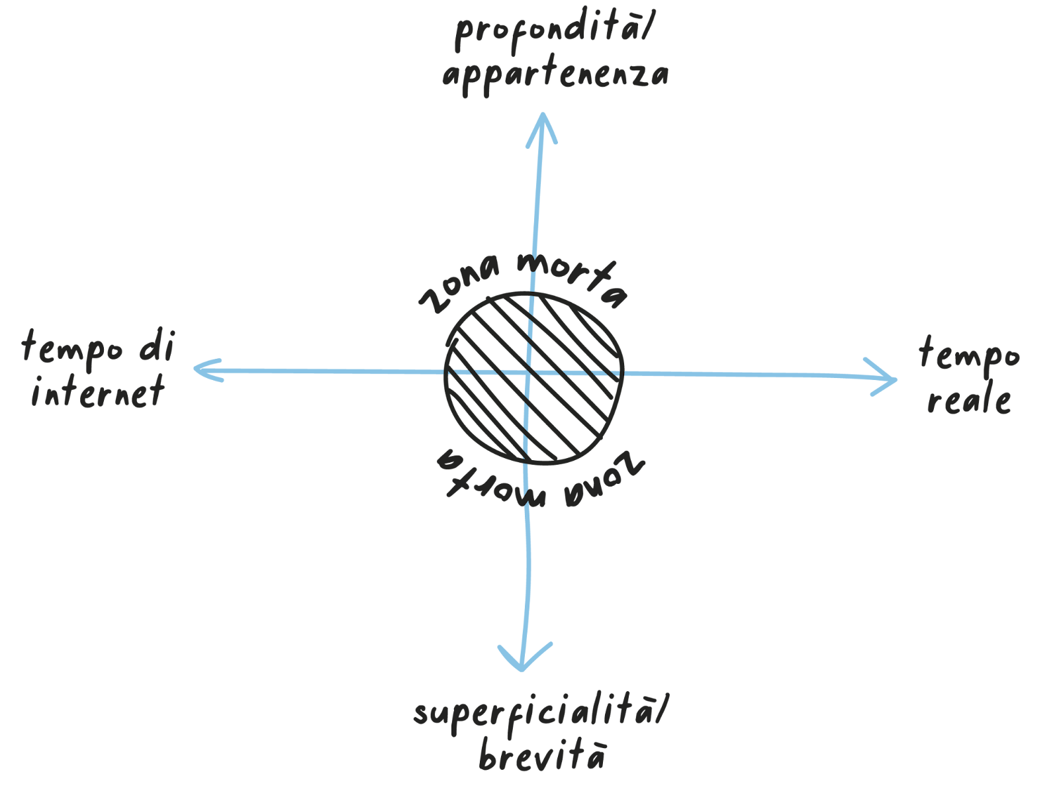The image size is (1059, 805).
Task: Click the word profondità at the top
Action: [546, 33]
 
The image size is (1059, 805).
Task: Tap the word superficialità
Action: [534, 714]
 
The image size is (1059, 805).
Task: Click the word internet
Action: [97, 391]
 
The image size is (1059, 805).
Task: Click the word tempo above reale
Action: [970, 355]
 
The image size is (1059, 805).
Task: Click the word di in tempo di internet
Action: [157, 346]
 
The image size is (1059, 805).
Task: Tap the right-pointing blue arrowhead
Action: [887, 379]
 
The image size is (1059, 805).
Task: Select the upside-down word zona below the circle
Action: [603, 478]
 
